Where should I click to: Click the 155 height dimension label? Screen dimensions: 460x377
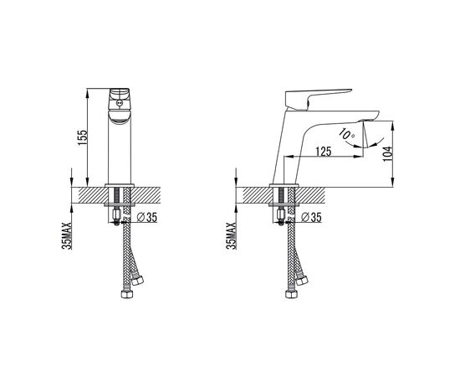click(x=83, y=137)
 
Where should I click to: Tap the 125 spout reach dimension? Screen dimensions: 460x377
click(x=324, y=152)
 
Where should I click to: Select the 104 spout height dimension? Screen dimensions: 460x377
click(x=387, y=153)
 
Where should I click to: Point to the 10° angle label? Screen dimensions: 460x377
click(x=346, y=134)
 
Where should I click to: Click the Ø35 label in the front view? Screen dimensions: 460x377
click(x=147, y=218)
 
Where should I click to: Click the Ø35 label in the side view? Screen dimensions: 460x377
click(x=312, y=218)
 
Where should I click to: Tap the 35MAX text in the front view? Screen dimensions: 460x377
click(x=67, y=235)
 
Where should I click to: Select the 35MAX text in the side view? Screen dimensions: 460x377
click(x=231, y=235)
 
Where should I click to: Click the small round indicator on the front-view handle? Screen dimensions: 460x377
click(x=119, y=103)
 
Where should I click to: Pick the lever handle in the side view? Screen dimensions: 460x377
click(x=319, y=99)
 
